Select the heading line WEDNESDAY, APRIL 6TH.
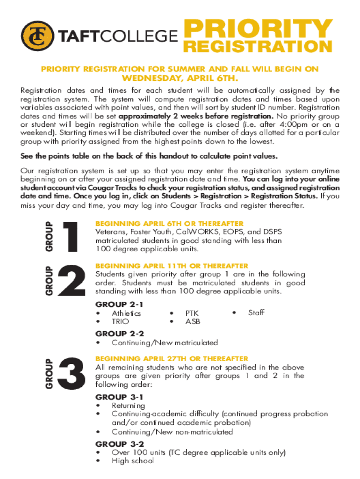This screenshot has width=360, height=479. pos(180,78)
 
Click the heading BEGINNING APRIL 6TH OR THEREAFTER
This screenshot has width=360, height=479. pos(169,224)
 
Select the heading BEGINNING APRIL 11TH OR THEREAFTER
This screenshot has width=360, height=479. pos(172,266)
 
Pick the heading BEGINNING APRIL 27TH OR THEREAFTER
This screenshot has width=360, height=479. pos(172,359)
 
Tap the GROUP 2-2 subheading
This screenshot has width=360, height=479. pos(119,334)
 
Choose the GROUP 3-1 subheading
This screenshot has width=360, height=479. pos(119,397)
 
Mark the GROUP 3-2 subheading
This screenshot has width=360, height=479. pos(119,443)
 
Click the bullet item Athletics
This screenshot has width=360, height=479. pos(126,313)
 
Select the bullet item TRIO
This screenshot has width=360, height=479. pos(120,322)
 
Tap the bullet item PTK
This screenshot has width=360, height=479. pos(192,313)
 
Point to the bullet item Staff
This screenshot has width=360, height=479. pos(256,313)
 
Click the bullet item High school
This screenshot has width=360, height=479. pos(132,461)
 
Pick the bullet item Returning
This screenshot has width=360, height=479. pos(128,406)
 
